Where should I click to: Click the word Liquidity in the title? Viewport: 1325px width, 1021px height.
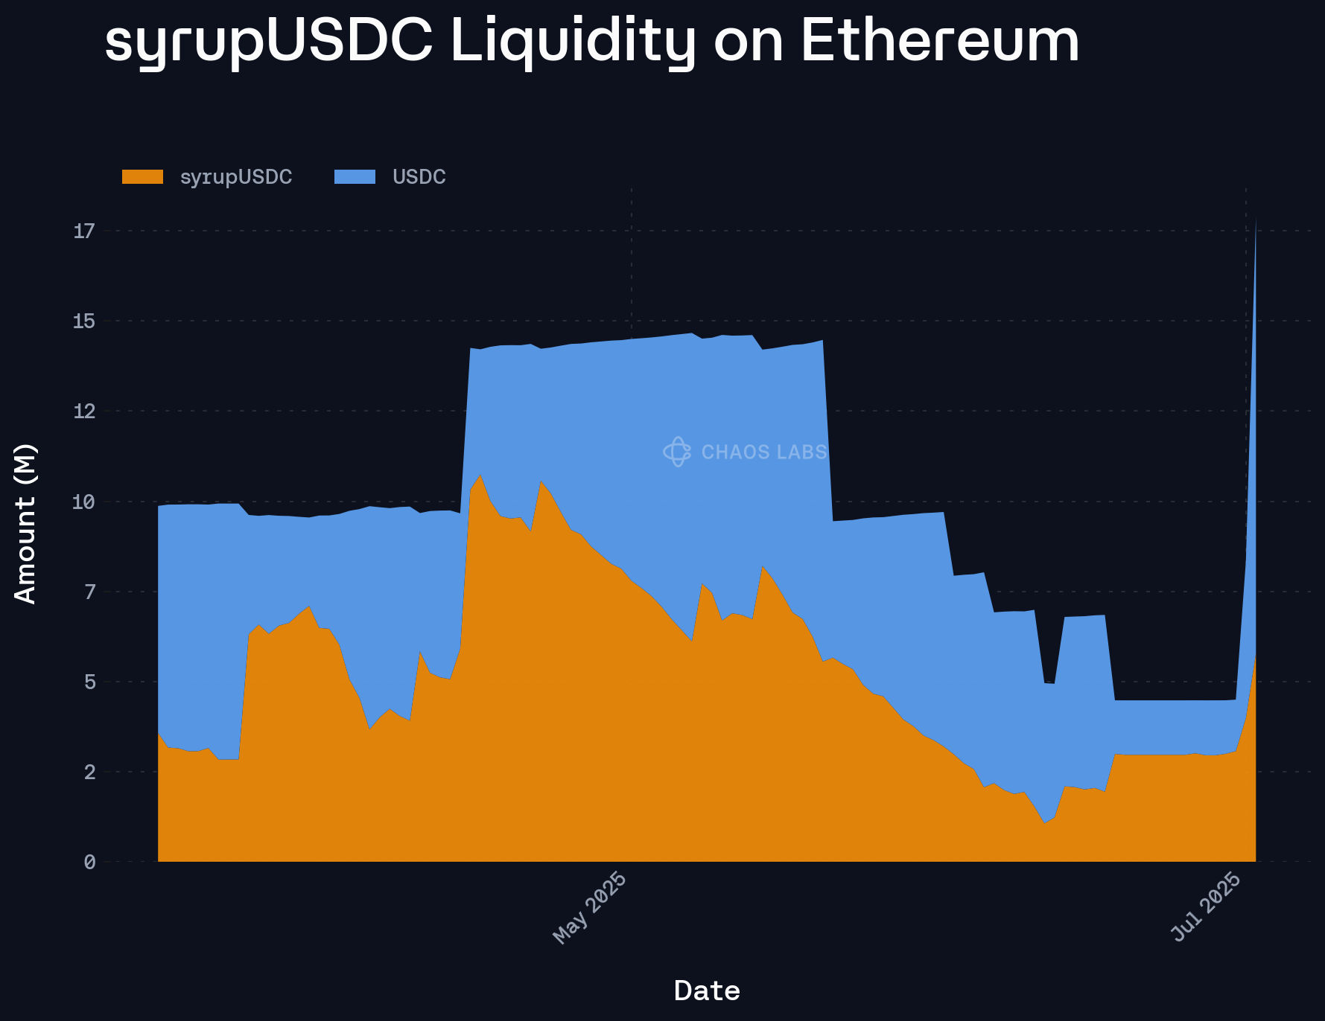(x=572, y=42)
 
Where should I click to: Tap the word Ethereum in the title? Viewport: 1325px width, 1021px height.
(x=940, y=42)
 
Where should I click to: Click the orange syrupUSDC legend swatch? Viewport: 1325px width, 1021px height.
(x=142, y=177)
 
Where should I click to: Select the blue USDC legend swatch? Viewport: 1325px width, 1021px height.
(x=355, y=177)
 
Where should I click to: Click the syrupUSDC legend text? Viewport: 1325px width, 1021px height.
(x=236, y=177)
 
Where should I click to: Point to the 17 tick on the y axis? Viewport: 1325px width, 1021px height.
(x=84, y=231)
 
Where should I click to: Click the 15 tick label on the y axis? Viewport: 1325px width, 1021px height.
(x=84, y=321)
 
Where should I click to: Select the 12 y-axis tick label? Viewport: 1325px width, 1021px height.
(x=84, y=412)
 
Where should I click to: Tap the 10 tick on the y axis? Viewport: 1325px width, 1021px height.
(x=84, y=502)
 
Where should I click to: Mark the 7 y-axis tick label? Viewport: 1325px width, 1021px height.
(x=89, y=592)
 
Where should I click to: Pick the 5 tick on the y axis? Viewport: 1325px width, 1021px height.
(x=89, y=682)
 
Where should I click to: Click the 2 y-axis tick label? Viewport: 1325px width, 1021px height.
(x=89, y=772)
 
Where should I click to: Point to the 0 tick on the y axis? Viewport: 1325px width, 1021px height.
(x=89, y=862)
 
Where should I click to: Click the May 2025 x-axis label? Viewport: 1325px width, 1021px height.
(x=589, y=907)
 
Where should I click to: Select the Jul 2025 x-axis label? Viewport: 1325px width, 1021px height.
(x=1207, y=907)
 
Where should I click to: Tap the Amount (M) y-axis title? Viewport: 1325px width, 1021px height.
(x=25, y=523)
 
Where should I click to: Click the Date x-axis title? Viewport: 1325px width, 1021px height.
(x=706, y=991)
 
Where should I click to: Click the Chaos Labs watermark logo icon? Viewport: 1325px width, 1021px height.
(x=677, y=452)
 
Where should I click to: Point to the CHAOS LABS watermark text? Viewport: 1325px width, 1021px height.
(x=764, y=452)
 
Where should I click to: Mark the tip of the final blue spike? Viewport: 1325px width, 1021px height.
(x=1256, y=218)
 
